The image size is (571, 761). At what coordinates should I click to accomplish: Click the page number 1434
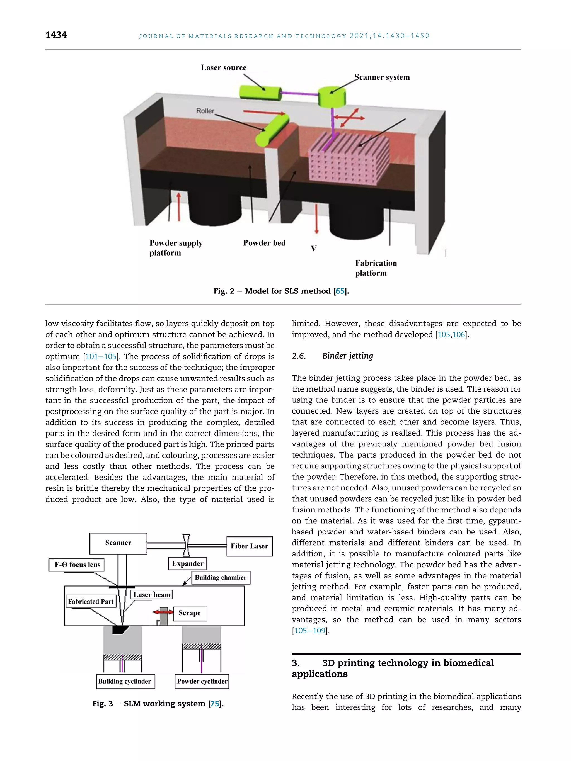pyautogui.click(x=56, y=35)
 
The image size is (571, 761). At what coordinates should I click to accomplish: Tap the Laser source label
pyautogui.click(x=223, y=67)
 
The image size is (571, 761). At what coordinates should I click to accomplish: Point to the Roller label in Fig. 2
pyautogui.click(x=205, y=111)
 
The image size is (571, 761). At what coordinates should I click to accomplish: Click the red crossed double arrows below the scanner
pyautogui.click(x=350, y=118)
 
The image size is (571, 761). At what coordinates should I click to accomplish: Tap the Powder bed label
pyautogui.click(x=264, y=243)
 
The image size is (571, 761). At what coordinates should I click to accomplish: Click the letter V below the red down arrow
pyautogui.click(x=314, y=248)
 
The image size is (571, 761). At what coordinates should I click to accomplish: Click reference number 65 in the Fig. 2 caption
pyautogui.click(x=340, y=291)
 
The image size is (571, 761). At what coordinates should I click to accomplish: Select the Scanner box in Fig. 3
pyautogui.click(x=118, y=543)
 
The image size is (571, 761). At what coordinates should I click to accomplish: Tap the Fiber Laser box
pyautogui.click(x=249, y=546)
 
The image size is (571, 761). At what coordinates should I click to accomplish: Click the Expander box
pyautogui.click(x=188, y=563)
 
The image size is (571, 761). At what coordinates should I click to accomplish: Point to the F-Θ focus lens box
pyautogui.click(x=77, y=565)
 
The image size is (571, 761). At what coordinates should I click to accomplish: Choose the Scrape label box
pyautogui.click(x=190, y=613)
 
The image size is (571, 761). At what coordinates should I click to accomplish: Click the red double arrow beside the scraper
pyautogui.click(x=163, y=612)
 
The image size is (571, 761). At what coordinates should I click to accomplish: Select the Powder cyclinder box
pyautogui.click(x=202, y=681)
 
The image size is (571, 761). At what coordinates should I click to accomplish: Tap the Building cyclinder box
pyautogui.click(x=125, y=681)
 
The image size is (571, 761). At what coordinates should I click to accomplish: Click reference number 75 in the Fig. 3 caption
pyautogui.click(x=214, y=704)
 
